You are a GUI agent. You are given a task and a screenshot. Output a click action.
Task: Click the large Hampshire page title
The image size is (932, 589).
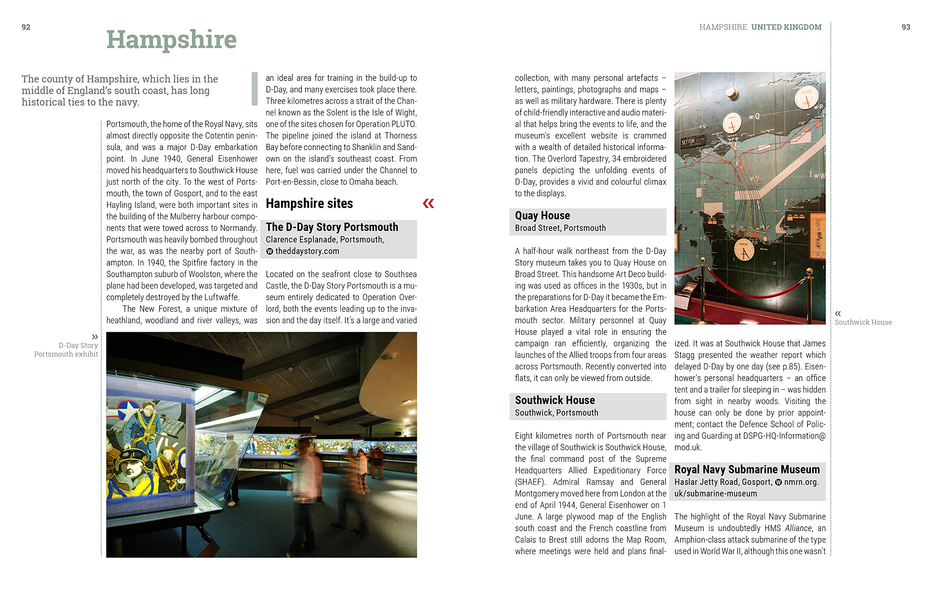(171, 39)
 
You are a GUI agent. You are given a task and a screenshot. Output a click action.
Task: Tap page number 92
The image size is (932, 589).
(26, 27)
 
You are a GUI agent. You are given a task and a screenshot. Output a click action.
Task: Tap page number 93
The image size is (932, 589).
(906, 27)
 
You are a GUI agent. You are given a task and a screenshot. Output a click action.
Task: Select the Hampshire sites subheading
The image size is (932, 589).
(309, 203)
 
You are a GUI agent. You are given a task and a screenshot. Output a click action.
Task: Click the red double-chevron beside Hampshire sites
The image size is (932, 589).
(429, 203)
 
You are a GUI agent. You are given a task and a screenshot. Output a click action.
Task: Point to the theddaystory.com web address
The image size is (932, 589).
(307, 251)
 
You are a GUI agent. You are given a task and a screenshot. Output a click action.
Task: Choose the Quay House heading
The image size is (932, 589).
(542, 215)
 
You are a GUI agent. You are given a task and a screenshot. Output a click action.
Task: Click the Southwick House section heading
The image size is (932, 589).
(554, 400)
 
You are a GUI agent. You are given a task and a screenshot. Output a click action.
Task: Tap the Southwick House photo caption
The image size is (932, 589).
(863, 322)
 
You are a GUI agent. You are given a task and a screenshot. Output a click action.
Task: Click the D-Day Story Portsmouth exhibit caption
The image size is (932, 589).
(66, 350)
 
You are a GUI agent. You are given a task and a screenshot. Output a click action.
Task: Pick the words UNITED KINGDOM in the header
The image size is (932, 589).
(786, 27)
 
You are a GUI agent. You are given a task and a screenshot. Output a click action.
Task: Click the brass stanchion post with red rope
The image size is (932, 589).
(809, 294)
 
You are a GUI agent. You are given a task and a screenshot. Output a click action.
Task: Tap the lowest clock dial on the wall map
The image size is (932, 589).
(743, 250)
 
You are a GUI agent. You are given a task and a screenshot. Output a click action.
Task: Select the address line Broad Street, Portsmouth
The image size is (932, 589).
(560, 228)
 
